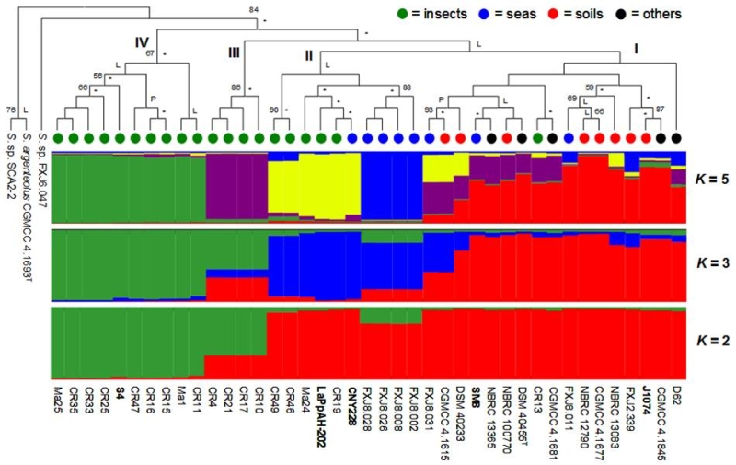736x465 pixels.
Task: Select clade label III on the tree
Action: [x=234, y=52]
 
